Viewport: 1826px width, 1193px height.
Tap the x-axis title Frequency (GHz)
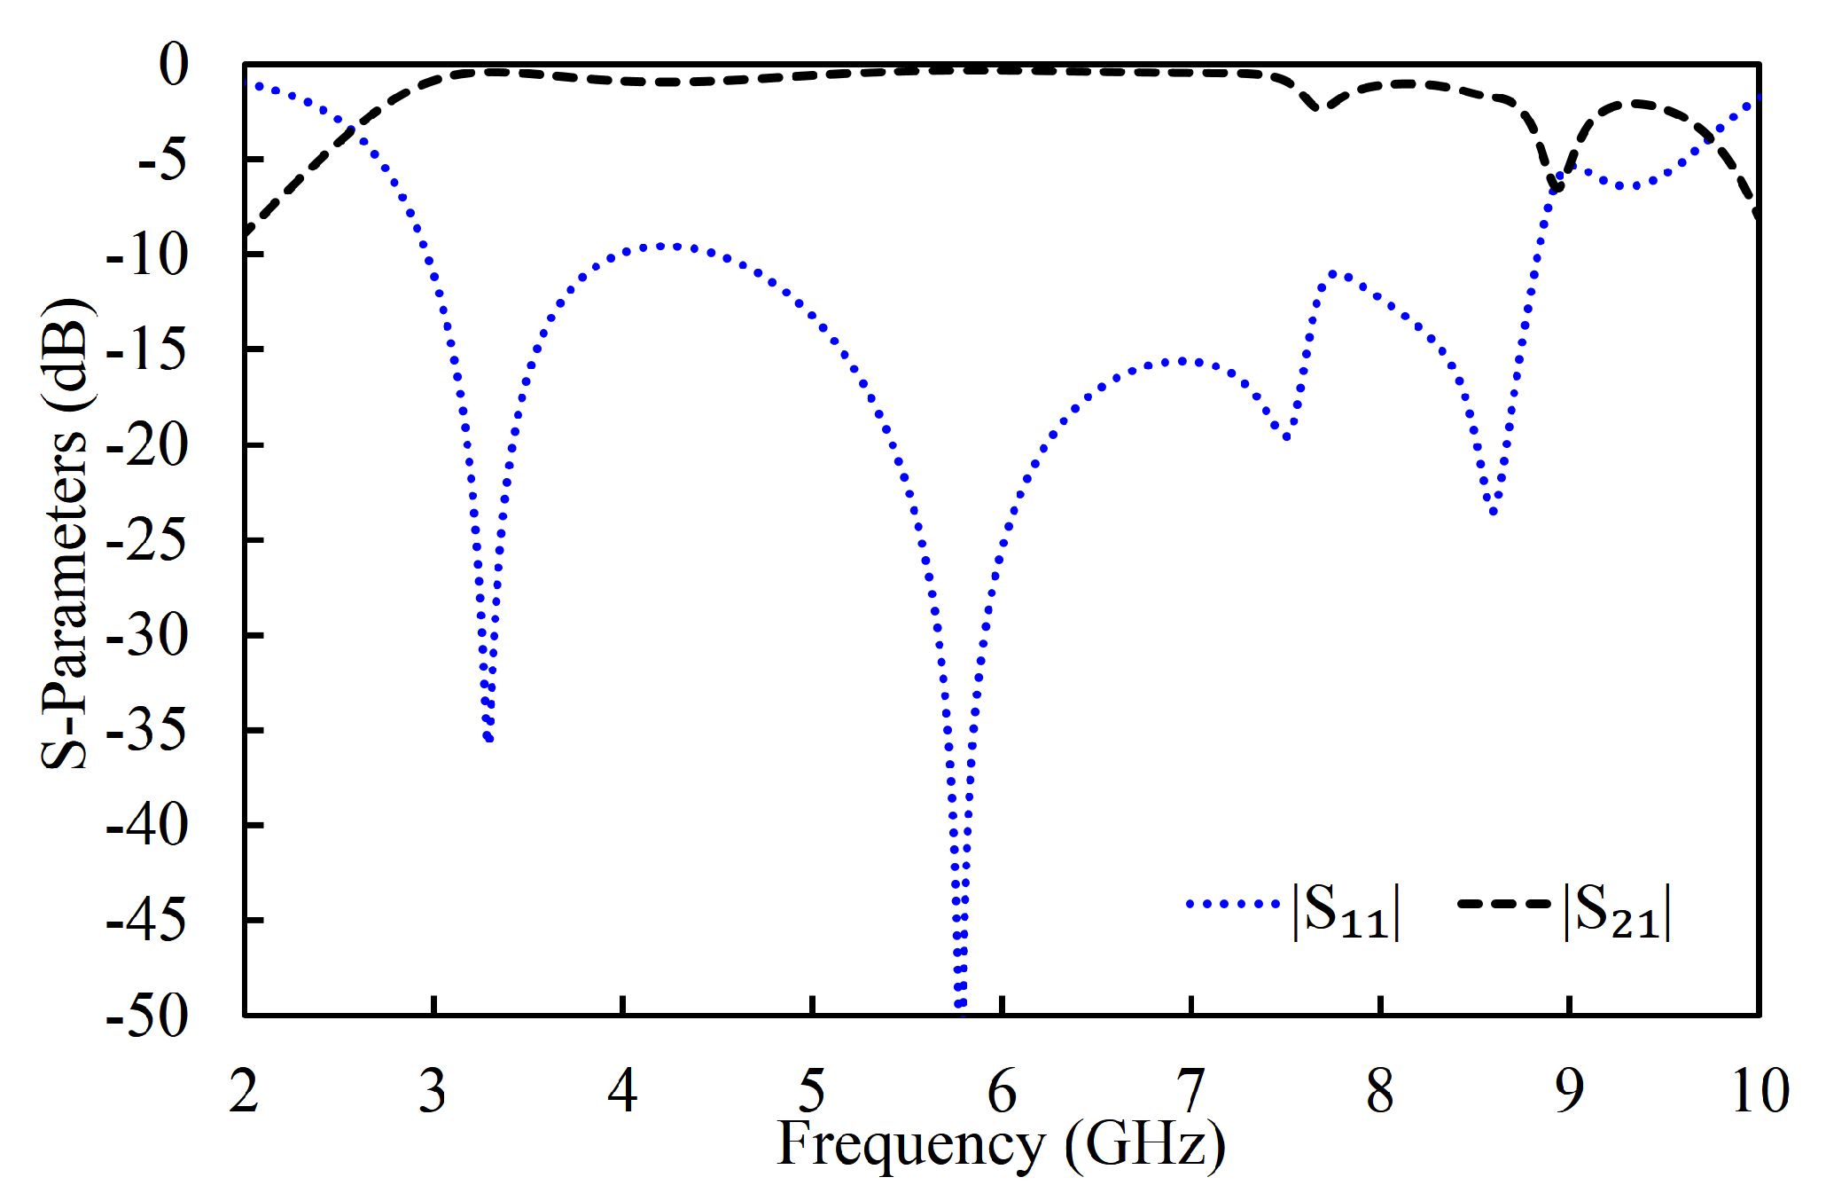click(1001, 1145)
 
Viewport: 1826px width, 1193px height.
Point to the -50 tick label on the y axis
click(147, 1016)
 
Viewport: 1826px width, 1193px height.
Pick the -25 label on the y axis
click(147, 540)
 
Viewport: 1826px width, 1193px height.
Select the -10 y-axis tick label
click(147, 255)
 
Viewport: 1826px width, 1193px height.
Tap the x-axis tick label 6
click(1002, 1091)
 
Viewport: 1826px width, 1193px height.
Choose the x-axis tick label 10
click(1760, 1091)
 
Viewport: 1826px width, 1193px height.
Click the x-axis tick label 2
click(244, 1091)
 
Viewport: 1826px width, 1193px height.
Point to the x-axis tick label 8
click(1380, 1091)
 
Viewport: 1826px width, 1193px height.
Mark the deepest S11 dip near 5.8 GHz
click(959, 1005)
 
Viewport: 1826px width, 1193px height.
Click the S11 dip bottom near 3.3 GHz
click(488, 738)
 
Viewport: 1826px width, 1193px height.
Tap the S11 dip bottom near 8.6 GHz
click(1494, 512)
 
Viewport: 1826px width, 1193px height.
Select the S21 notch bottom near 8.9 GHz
click(1556, 189)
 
